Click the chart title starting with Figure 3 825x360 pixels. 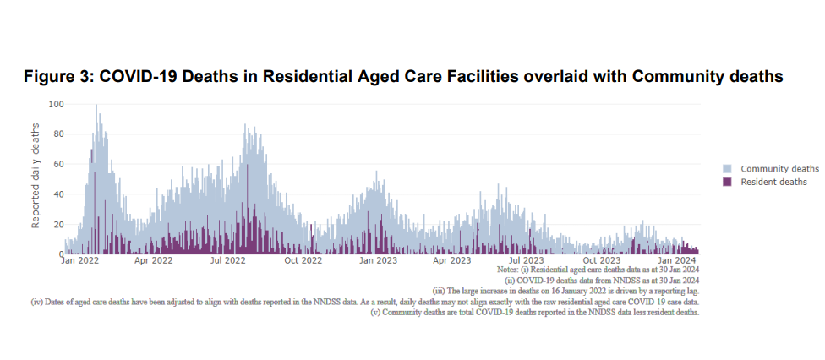[403, 77]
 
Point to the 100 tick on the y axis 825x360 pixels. [56, 105]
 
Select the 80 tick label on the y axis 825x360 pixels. [58, 134]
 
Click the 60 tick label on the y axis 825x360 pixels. [58, 164]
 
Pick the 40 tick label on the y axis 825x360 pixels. [58, 194]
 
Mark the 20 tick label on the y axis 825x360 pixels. [58, 224]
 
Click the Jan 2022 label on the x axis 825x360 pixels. [80, 260]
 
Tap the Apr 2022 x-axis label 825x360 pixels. [153, 260]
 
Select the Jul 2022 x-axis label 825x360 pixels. [227, 260]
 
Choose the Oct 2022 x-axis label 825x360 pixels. [303, 260]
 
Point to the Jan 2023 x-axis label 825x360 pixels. [378, 260]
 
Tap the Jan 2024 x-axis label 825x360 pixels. [677, 260]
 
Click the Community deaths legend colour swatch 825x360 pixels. [727, 169]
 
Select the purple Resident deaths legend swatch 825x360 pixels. [727, 182]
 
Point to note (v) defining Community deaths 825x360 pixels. [535, 312]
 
